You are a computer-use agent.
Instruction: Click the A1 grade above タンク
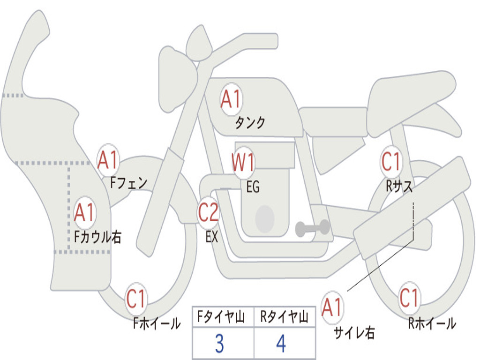(231, 99)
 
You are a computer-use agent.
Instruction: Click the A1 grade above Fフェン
(108, 160)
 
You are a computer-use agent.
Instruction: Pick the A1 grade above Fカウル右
(84, 213)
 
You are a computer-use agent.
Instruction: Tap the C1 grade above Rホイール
(409, 297)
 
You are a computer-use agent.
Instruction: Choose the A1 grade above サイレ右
(332, 307)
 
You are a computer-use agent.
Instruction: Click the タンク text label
(250, 123)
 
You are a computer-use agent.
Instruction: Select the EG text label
(253, 187)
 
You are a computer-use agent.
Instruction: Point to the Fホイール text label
(157, 323)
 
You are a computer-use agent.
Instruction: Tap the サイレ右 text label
(354, 333)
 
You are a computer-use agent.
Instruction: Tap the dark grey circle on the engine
(264, 219)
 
